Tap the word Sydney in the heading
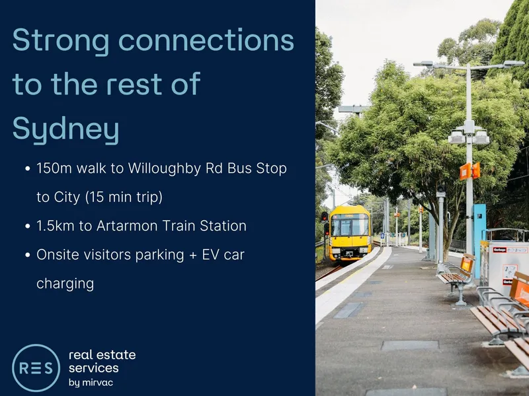(x=65, y=129)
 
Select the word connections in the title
(x=206, y=40)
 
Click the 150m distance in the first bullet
(x=54, y=168)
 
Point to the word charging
(x=65, y=284)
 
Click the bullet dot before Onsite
(x=28, y=255)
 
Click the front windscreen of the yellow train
(x=350, y=226)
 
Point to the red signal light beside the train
(x=324, y=216)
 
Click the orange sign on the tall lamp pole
(x=466, y=172)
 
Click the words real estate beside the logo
(x=102, y=355)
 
